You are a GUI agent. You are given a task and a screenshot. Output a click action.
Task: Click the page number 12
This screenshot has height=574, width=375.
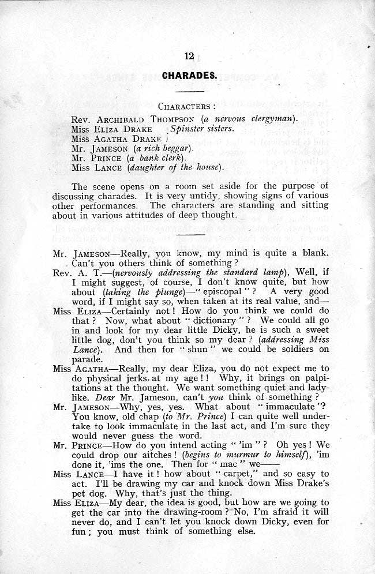(189, 56)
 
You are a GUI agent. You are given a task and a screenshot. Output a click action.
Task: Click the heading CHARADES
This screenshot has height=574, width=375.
(189, 75)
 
